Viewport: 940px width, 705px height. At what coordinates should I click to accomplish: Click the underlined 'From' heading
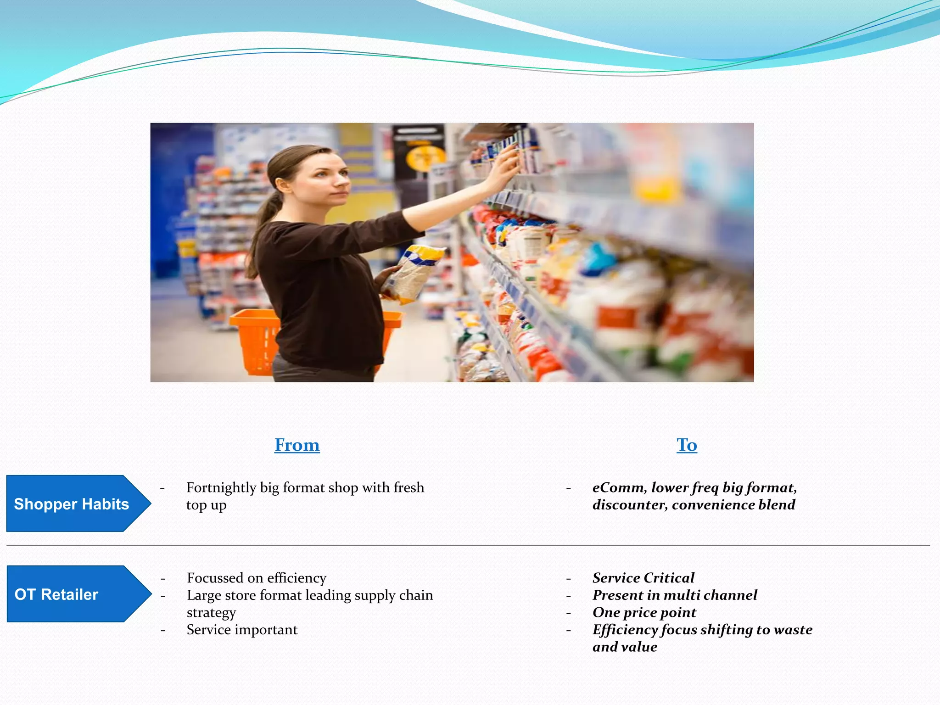click(297, 445)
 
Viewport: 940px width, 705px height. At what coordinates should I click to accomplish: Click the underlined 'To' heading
click(687, 445)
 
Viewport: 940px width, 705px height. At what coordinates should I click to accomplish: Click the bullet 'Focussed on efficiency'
click(257, 578)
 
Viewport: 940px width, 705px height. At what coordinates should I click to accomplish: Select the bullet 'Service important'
click(242, 630)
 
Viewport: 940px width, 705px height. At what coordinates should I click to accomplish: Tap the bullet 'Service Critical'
click(643, 578)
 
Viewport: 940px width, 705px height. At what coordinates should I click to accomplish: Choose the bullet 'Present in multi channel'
click(675, 595)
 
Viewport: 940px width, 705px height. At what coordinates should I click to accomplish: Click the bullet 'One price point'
click(644, 613)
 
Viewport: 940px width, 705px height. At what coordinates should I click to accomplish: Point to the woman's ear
click(283, 185)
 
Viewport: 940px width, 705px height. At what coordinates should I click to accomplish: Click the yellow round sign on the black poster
click(425, 158)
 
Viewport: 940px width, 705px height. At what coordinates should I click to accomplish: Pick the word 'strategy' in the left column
click(211, 613)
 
